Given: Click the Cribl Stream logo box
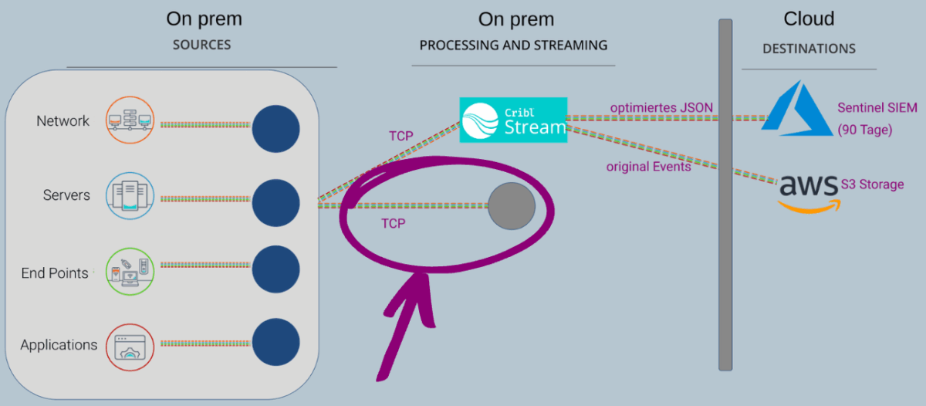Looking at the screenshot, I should (513, 120).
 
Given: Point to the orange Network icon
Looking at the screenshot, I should (130, 121).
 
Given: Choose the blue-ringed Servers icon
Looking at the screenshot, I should (130, 195).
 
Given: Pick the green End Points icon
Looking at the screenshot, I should (130, 271).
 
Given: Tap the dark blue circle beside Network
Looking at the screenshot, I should (275, 128).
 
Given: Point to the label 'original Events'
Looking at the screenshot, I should (648, 166).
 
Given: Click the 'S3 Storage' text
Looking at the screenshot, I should (872, 184).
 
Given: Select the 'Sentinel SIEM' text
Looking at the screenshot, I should (877, 108).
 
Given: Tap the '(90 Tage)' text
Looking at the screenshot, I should (864, 130).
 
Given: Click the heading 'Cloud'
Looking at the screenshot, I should (809, 19).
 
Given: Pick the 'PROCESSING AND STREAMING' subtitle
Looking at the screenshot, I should (513, 46).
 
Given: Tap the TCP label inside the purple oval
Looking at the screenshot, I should (394, 223).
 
